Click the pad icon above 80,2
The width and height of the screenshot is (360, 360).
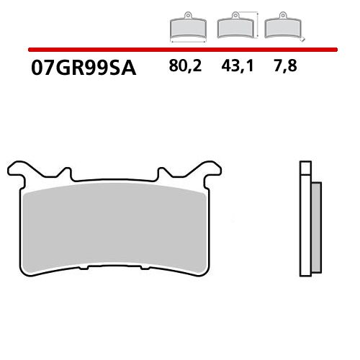pos(186,28)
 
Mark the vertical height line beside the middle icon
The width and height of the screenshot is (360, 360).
pos(256,24)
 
